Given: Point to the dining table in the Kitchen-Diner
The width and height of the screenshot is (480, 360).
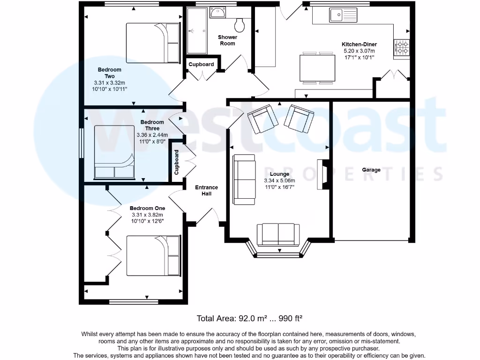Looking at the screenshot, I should (x=317, y=68).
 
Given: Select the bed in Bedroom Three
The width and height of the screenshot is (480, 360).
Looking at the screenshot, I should (x=115, y=152).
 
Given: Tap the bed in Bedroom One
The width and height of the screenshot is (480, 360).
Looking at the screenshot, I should (x=153, y=255).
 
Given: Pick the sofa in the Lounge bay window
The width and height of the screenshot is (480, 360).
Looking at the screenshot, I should (x=278, y=234).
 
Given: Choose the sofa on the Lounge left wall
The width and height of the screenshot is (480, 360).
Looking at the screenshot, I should (x=244, y=180).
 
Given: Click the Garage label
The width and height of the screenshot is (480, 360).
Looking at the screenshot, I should (x=371, y=170).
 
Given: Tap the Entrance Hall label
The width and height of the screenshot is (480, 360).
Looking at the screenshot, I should (x=206, y=190).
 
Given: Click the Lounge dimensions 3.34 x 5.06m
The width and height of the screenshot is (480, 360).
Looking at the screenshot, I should (x=279, y=180).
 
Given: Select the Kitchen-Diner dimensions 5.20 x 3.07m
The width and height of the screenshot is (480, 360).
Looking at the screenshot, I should (x=359, y=51).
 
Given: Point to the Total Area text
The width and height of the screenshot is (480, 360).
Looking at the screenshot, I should (x=249, y=318).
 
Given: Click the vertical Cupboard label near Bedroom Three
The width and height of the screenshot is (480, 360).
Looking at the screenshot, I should (x=177, y=162).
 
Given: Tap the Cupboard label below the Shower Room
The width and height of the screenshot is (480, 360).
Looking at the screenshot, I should (x=202, y=64).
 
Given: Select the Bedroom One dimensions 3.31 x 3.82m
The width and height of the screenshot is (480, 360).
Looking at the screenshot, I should (x=147, y=215).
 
